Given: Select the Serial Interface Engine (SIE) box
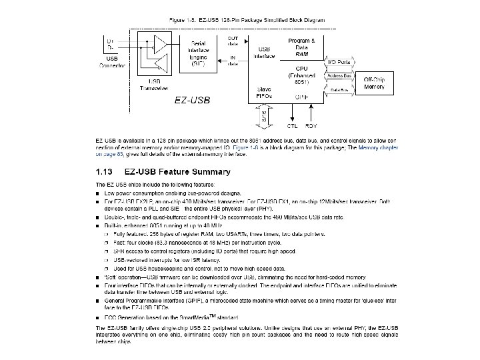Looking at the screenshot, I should [x=197, y=53].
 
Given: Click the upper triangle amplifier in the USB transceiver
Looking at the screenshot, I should [x=161, y=44].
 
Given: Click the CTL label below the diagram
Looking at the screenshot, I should [x=291, y=125].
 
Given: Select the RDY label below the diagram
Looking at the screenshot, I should [x=311, y=125].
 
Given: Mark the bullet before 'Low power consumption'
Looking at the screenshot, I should [x=98, y=192].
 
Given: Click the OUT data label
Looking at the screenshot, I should [x=233, y=41].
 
